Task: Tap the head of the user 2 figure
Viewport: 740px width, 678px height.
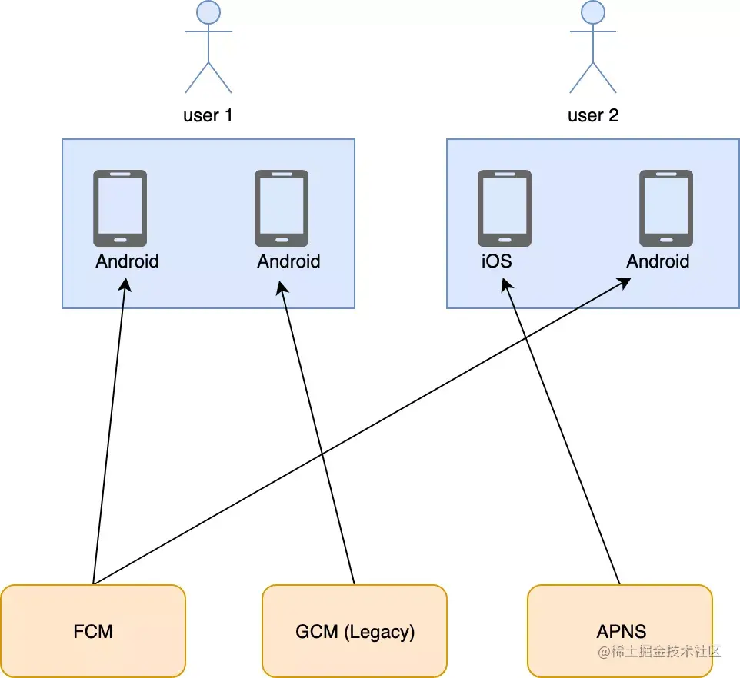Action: coord(592,12)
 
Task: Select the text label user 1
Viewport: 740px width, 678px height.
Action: coord(208,116)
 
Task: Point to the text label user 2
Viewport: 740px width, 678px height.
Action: coord(592,116)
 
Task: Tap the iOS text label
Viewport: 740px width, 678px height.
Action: coord(496,261)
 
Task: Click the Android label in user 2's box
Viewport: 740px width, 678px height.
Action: coord(658,261)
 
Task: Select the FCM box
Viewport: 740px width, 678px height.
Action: coord(93,631)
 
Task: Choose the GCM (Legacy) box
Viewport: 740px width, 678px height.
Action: coord(355,631)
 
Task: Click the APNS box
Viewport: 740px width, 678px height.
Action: coord(620,631)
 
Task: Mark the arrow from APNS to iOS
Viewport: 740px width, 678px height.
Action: coord(562,430)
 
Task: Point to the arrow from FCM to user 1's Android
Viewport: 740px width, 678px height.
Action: coord(109,430)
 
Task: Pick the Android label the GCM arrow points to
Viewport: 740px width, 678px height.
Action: coord(288,261)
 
